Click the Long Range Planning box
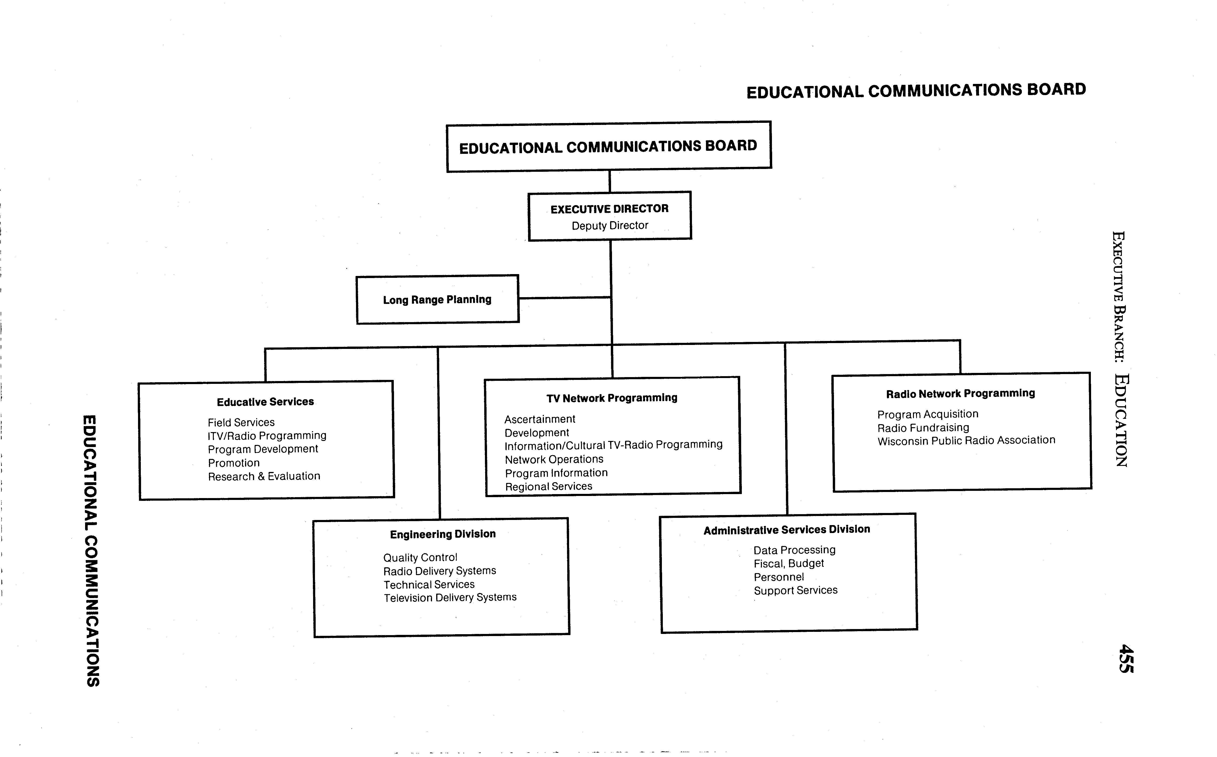tap(437, 299)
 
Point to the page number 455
tap(1126, 659)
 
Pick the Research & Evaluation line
tap(264, 476)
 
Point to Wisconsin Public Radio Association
tap(966, 440)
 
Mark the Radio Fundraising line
tap(923, 428)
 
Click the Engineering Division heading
tap(443, 534)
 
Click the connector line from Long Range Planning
tap(564, 298)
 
